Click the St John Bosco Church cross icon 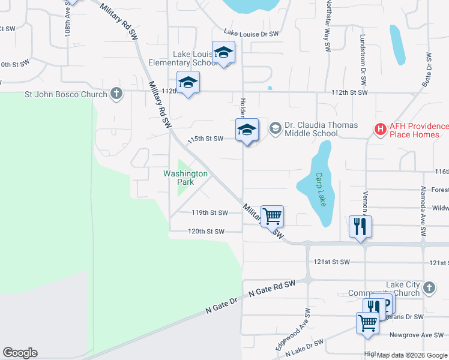116,94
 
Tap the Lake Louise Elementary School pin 223,53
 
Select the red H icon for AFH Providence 380,128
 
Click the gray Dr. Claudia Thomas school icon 275,127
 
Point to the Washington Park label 185,178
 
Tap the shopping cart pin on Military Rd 272,215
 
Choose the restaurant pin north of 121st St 360,227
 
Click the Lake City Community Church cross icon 429,288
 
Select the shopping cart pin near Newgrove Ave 367,323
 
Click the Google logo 19,353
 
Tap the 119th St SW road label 209,213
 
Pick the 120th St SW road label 206,232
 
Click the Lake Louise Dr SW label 251,34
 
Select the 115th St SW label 205,139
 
